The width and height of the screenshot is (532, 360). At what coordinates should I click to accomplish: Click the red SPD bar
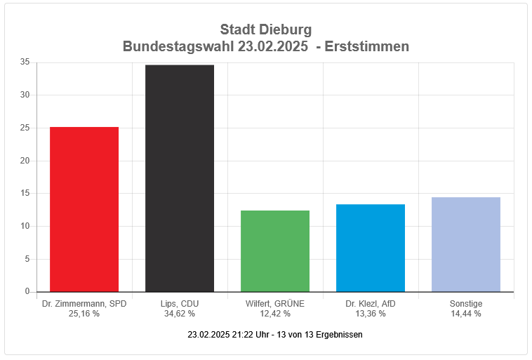tap(84, 209)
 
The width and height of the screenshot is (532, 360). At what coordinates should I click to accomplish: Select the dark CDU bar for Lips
tap(180, 178)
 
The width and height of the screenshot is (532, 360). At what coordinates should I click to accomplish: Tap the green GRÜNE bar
tap(275, 251)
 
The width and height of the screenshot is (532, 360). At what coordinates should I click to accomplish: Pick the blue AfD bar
tap(371, 248)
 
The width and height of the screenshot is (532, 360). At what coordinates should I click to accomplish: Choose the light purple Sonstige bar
tap(466, 244)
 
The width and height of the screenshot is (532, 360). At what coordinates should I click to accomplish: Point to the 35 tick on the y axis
tap(25, 62)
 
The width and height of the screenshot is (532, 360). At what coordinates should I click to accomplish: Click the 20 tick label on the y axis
tap(25, 161)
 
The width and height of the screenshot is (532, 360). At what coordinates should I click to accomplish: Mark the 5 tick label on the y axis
tap(27, 259)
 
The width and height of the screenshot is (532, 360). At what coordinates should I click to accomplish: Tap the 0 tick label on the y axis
tap(27, 292)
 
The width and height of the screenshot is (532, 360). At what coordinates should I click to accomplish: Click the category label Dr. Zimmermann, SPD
tap(84, 304)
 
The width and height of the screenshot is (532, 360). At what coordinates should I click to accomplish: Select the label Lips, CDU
tap(180, 304)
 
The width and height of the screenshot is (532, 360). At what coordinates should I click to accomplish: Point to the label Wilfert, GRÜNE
tap(275, 304)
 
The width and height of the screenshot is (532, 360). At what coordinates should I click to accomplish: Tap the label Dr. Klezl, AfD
tap(371, 304)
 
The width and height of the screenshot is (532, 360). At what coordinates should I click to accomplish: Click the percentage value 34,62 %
tap(180, 314)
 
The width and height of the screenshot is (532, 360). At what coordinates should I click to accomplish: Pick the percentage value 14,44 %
tap(466, 314)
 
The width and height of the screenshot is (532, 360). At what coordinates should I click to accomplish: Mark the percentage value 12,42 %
tap(275, 314)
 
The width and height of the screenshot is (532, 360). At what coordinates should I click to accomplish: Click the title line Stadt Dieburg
tap(265, 30)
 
